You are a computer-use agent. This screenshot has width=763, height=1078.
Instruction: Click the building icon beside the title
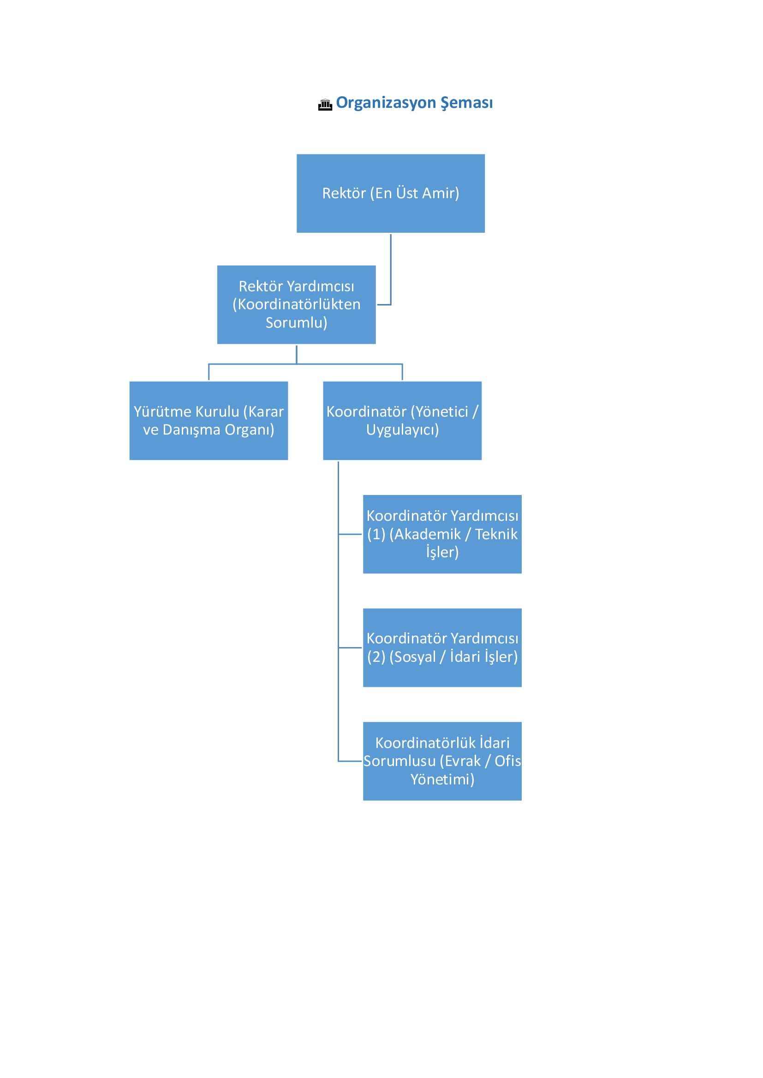pyautogui.click(x=325, y=105)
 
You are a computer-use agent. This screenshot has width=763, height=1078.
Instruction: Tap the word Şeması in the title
pyautogui.click(x=466, y=103)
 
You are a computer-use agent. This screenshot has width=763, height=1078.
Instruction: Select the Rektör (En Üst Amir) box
pyautogui.click(x=390, y=194)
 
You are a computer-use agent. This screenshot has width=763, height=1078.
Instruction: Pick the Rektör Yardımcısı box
pyautogui.click(x=297, y=305)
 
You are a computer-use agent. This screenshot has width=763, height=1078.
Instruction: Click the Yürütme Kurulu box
pyautogui.click(x=209, y=421)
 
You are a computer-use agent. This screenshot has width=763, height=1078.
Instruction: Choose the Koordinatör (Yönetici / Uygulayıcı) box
pyautogui.click(x=402, y=421)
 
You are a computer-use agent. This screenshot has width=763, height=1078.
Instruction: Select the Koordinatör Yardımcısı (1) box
pyautogui.click(x=442, y=534)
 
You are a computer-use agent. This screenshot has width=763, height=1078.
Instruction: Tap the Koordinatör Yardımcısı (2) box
pyautogui.click(x=442, y=648)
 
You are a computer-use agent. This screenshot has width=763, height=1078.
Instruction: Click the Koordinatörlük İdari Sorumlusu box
pyautogui.click(x=442, y=761)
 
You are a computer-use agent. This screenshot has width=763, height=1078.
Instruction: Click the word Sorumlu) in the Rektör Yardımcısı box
pyautogui.click(x=297, y=323)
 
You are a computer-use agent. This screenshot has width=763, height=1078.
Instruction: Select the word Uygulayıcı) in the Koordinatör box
pyautogui.click(x=403, y=430)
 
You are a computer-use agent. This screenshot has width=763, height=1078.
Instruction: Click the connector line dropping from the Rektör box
pyautogui.click(x=390, y=269)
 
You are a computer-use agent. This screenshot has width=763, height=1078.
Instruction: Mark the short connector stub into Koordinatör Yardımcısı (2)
pyautogui.click(x=351, y=648)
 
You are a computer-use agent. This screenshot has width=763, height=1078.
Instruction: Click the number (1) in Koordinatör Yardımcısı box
pyautogui.click(x=376, y=534)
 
